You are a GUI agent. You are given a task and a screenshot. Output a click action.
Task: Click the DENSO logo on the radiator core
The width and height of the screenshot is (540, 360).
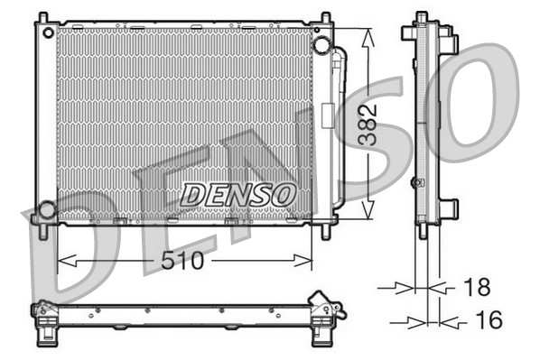[237, 193]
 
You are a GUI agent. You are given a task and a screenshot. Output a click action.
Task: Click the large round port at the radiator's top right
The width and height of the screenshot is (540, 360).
[321, 45]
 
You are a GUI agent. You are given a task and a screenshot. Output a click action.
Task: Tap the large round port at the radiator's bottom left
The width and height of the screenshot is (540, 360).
[45, 210]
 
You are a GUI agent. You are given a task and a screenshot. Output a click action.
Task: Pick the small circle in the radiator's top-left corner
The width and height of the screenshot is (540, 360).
[43, 30]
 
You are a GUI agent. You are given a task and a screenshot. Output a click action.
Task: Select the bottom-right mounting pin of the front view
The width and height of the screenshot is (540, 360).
[323, 231]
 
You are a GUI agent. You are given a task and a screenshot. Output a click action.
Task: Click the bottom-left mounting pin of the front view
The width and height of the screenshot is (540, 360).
[43, 230]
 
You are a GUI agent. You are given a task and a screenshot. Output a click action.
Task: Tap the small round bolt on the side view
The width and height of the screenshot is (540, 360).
[416, 182]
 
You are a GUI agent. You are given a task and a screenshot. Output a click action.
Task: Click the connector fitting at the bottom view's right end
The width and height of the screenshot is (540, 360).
[325, 305]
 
